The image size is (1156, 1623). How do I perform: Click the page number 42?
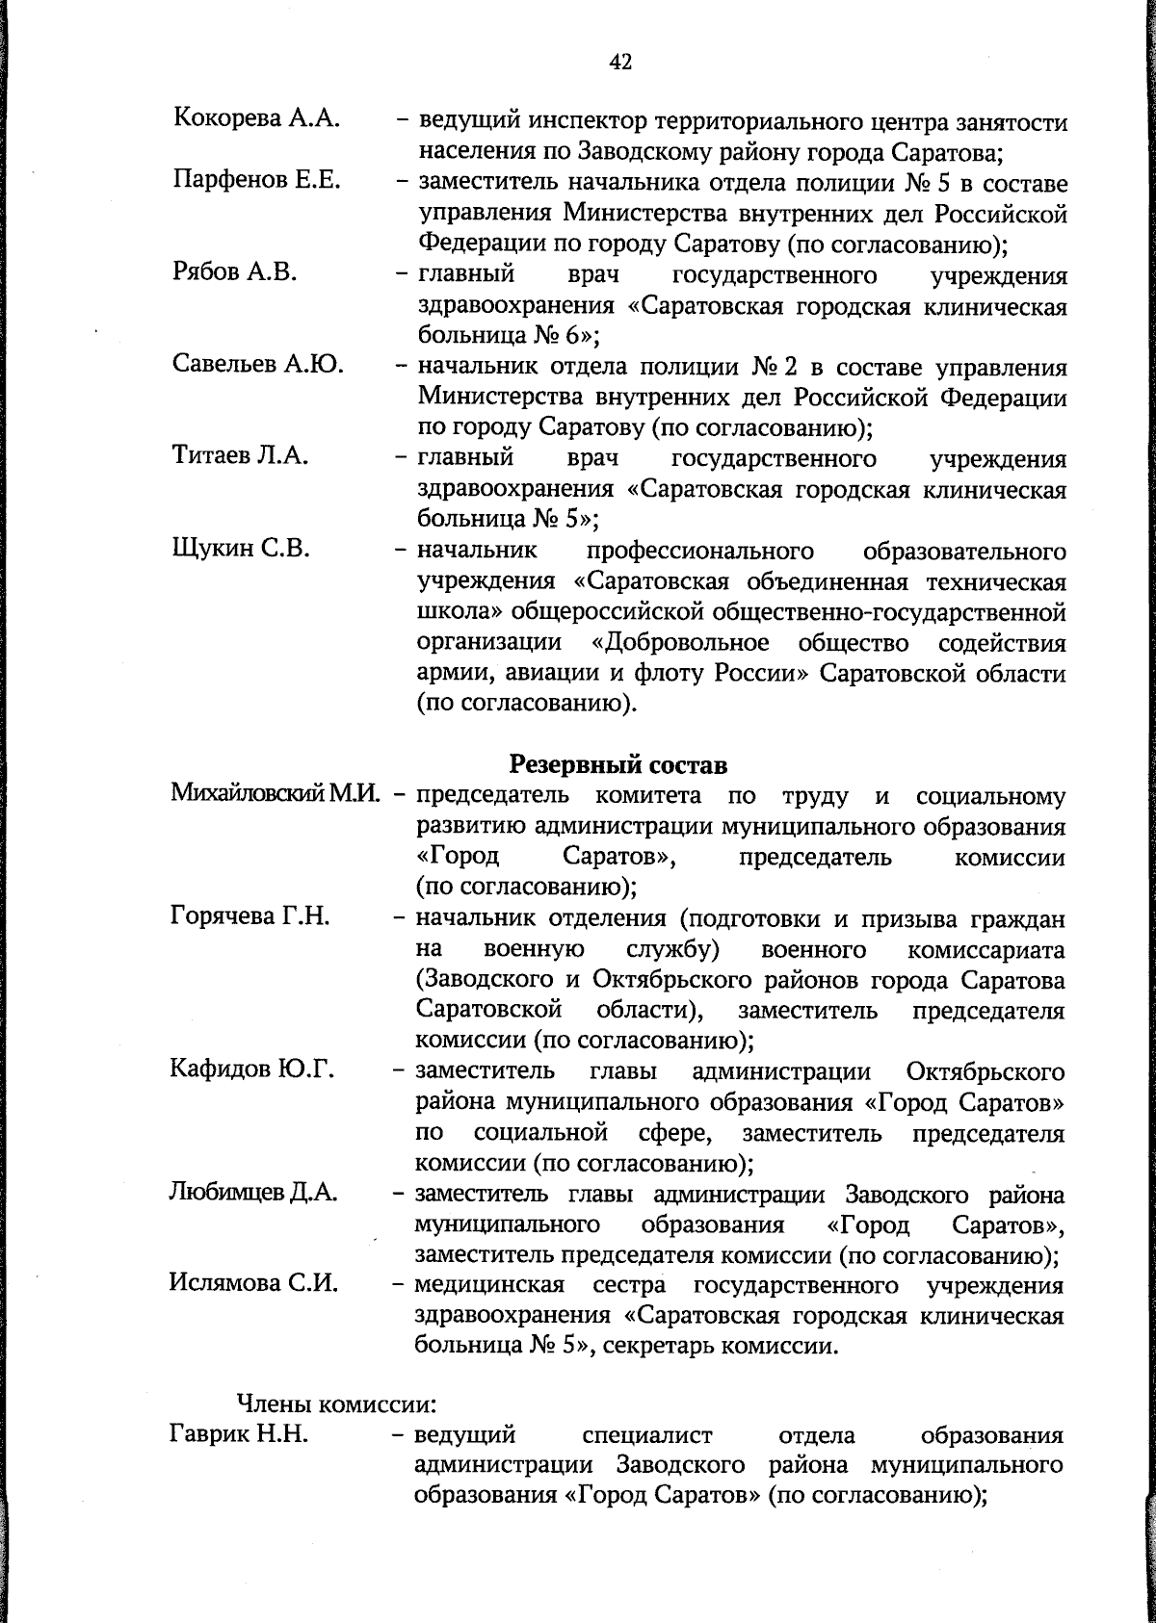coord(620,63)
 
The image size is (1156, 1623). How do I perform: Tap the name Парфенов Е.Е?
coord(257,180)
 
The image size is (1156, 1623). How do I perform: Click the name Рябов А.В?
coord(235,272)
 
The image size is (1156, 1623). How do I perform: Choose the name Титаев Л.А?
coord(241,455)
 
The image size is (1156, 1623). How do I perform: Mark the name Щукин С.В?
coord(241,548)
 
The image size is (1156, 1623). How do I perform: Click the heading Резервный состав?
coord(617,764)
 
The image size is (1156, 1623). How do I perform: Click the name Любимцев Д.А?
coord(253,1193)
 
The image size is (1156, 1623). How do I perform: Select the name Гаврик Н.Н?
coord(239,1436)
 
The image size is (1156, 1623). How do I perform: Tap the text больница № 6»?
coord(509,336)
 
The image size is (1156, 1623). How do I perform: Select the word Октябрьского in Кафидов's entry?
coord(985,1071)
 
